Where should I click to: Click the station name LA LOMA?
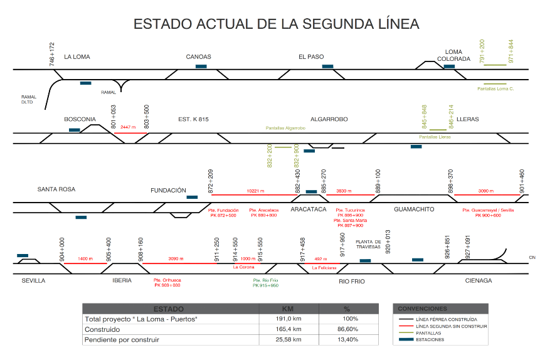pos(77,57)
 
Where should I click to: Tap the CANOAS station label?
pos(198,57)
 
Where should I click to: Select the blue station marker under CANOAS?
pos(201,66)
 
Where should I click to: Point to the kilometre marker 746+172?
pos(52,54)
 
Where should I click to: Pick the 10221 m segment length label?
pos(255,191)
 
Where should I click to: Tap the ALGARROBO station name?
pos(329,119)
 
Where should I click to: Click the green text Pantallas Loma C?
pos(495,88)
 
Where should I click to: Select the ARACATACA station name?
pos(309,208)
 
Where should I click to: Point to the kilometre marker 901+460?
pos(522,181)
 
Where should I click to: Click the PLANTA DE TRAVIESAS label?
pos(368,244)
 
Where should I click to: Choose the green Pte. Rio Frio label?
pos(265,283)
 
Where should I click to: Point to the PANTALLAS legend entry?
pos(428,332)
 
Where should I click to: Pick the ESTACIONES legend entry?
pos(430,339)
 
